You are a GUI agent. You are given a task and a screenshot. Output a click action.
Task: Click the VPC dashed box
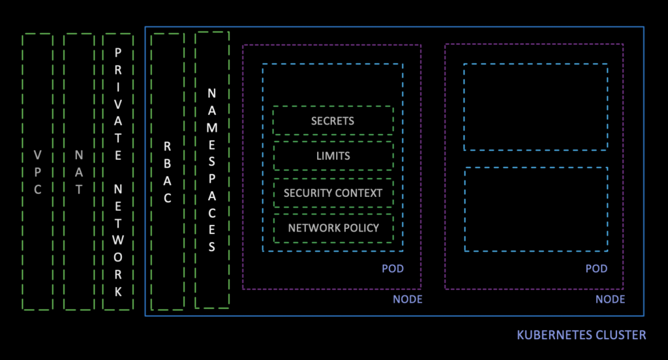click(x=38, y=172)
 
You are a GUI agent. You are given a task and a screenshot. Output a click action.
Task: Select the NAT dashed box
click(x=79, y=172)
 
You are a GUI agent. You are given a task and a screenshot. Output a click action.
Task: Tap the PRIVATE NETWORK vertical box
click(x=118, y=172)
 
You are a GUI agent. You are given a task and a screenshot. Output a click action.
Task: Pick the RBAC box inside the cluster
click(x=168, y=172)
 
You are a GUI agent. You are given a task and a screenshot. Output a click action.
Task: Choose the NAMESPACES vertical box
click(x=212, y=170)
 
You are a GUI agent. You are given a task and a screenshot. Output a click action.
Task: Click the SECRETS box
click(x=333, y=121)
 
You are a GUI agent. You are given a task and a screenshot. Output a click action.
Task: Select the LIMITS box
click(x=333, y=156)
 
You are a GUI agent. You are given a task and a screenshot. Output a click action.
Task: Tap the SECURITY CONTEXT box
click(x=333, y=192)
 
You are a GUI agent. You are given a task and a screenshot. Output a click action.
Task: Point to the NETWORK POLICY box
click(x=333, y=228)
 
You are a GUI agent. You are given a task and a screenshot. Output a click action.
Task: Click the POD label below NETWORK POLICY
click(x=393, y=269)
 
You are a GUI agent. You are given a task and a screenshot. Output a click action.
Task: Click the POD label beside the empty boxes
click(x=596, y=269)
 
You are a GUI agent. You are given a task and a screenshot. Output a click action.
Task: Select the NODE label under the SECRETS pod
click(x=408, y=299)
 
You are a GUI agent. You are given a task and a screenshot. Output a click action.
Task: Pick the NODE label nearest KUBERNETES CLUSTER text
click(x=611, y=299)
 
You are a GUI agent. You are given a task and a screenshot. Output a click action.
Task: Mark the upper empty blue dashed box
click(x=536, y=107)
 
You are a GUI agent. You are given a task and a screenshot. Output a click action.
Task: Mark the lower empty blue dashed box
click(x=536, y=209)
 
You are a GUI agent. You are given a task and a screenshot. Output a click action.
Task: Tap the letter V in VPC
click(x=38, y=155)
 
